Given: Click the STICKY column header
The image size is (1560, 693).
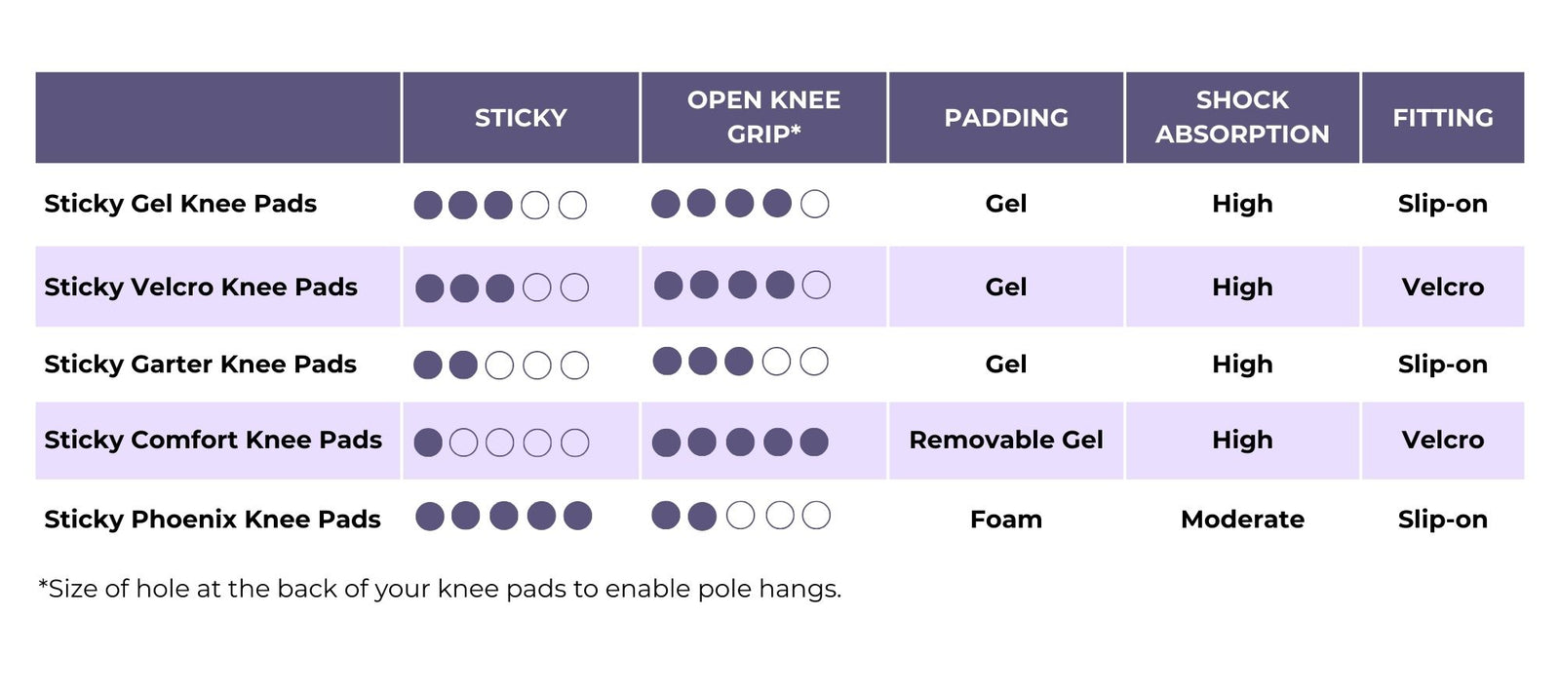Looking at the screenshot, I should click(521, 118).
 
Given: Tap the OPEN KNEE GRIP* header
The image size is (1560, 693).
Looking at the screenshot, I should click(763, 117).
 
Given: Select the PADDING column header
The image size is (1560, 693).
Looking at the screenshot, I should click(1005, 118).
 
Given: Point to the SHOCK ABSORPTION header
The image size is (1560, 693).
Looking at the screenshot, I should click(1242, 117).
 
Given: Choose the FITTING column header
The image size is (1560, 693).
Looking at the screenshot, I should click(1442, 118).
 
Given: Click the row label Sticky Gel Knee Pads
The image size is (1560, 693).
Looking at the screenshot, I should click(180, 204).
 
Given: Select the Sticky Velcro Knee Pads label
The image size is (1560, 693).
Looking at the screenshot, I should click(201, 287).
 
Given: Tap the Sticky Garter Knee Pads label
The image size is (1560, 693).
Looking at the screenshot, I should click(200, 364).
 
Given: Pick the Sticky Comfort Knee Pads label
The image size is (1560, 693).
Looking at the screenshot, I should click(213, 440).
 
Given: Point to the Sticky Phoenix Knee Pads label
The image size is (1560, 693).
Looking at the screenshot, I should click(213, 519).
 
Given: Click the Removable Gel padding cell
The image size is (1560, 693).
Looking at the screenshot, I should click(1005, 440).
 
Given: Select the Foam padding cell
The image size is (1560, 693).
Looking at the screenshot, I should click(1005, 519).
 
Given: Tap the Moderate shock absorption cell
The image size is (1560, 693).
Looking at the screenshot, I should click(1242, 519).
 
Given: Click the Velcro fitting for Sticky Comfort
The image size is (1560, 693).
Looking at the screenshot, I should click(1442, 440).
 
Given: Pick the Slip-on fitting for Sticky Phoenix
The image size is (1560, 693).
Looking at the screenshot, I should click(1442, 519).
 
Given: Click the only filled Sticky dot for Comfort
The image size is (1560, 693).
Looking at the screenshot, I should click(428, 443).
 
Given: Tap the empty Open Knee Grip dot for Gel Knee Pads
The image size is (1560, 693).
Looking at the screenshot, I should click(814, 204).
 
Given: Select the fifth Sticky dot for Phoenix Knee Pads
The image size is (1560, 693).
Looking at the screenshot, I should click(578, 516).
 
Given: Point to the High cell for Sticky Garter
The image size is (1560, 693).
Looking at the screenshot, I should click(1242, 364).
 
